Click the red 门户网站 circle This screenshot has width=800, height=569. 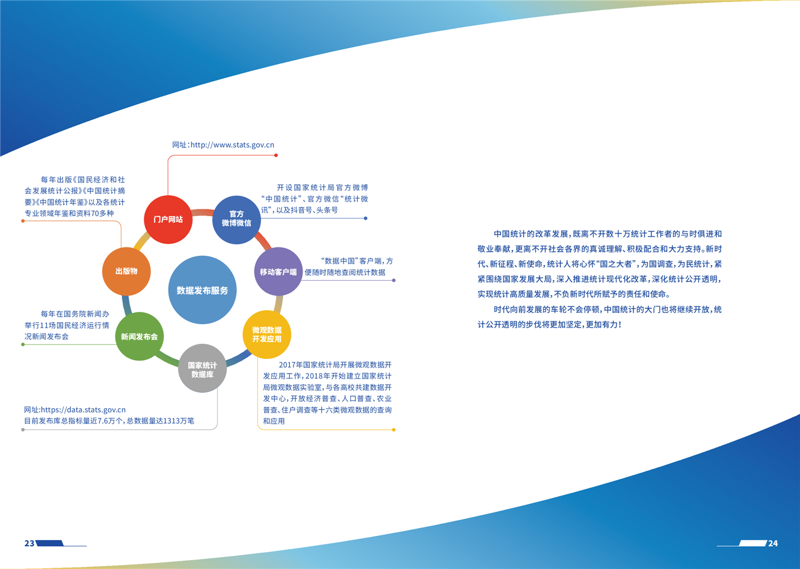click(x=168, y=219)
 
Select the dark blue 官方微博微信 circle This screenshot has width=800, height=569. click(x=236, y=220)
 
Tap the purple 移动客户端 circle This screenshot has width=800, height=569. click(x=278, y=272)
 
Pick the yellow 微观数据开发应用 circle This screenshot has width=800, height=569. click(x=267, y=335)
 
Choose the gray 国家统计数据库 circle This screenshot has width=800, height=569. click(x=203, y=368)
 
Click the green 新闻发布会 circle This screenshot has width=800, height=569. click(x=140, y=337)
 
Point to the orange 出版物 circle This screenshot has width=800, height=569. click(x=126, y=272)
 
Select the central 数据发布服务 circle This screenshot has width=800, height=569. click(x=203, y=290)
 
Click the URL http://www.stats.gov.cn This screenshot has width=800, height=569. click(x=233, y=145)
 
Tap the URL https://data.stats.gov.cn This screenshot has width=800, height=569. click(x=83, y=409)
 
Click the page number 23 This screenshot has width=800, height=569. click(x=29, y=543)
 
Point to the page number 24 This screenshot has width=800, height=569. click(x=773, y=543)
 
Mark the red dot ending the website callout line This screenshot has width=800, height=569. click(x=275, y=155)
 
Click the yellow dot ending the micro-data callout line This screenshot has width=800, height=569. click(x=393, y=429)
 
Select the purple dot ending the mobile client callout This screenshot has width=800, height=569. click(x=393, y=280)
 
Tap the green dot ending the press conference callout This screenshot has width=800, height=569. click(x=23, y=344)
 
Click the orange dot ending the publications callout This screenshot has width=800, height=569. click(x=23, y=221)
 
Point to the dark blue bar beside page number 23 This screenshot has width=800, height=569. click(x=50, y=543)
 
